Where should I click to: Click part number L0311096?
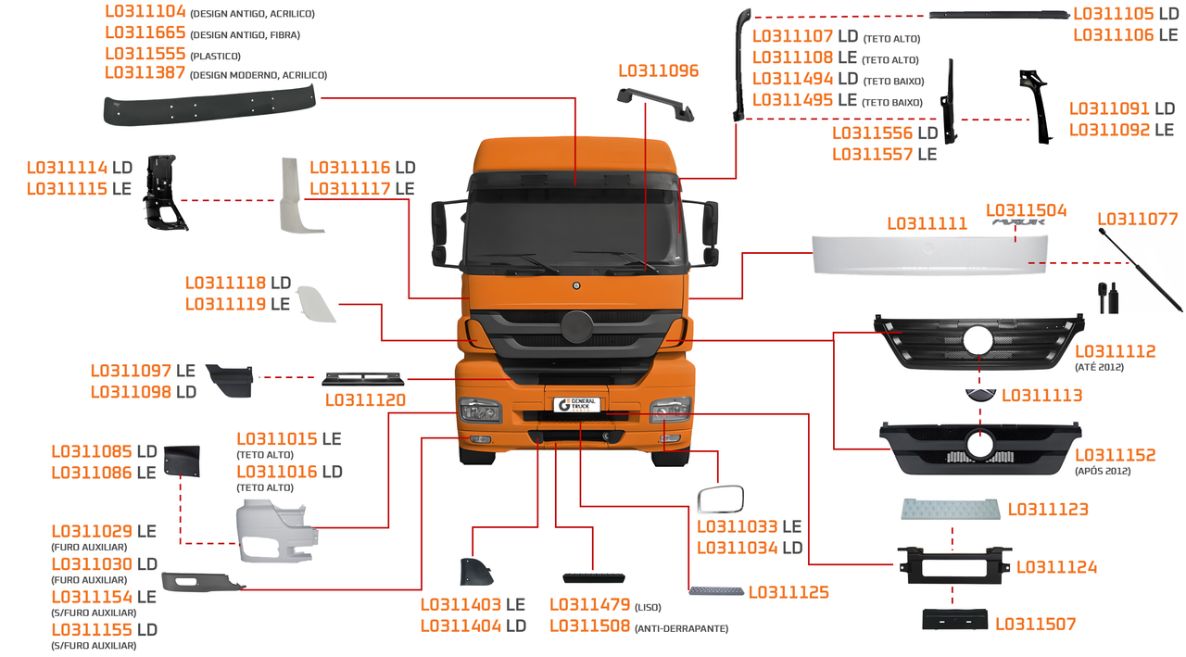tap(658, 70)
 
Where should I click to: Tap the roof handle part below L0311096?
tap(655, 101)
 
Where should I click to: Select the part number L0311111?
tap(927, 223)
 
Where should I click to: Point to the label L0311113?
tap(1041, 396)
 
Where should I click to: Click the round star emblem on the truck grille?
tap(576, 328)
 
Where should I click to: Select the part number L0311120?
tap(365, 401)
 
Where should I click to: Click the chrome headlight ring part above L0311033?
tap(720, 499)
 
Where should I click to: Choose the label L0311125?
tap(789, 592)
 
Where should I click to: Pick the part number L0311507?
tap(1036, 625)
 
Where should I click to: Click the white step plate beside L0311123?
tap(951, 509)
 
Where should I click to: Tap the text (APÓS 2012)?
tap(1103, 472)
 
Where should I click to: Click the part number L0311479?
tap(590, 605)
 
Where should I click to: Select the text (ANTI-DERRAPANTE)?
tap(681, 629)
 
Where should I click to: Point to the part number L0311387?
tap(145, 73)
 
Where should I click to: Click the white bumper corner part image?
tap(276, 531)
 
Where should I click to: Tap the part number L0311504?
tap(1026, 211)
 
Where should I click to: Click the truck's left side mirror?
tap(439, 233)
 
